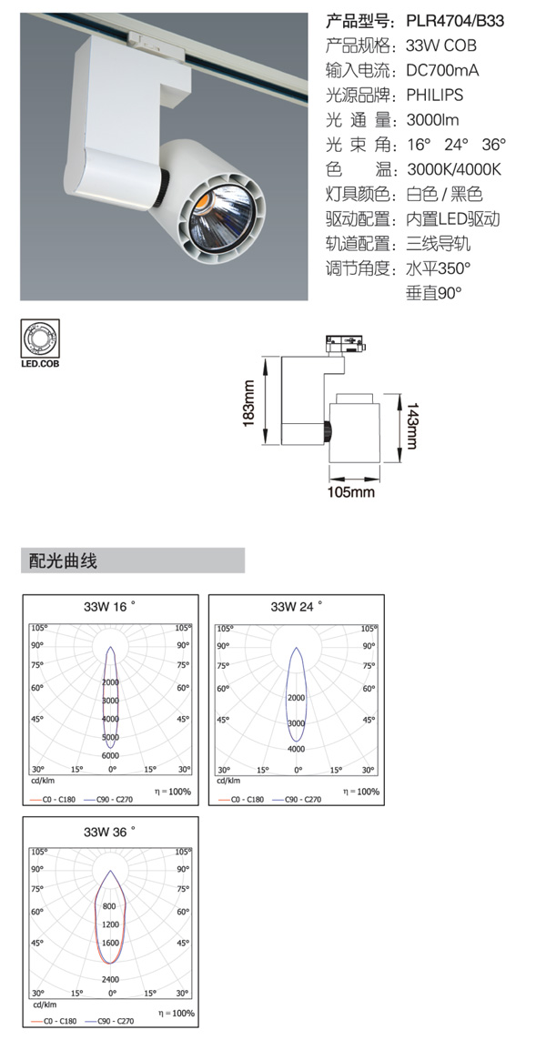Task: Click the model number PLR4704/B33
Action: pyautogui.click(x=455, y=21)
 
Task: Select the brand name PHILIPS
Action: pyautogui.click(x=435, y=95)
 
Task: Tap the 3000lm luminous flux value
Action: pyautogui.click(x=432, y=120)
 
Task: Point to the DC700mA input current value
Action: pyautogui.click(x=442, y=70)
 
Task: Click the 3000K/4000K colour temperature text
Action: pyautogui.click(x=454, y=169)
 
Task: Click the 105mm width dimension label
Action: pyautogui.click(x=351, y=491)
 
